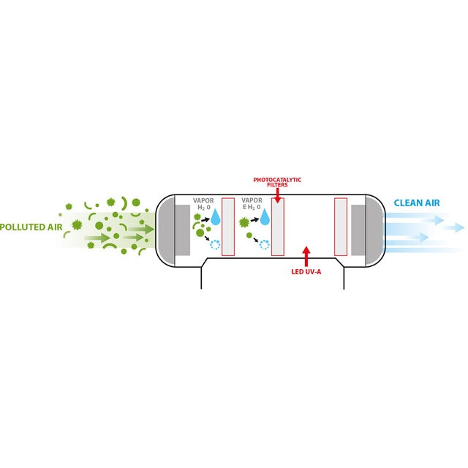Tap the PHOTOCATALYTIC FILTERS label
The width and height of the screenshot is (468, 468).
(x=277, y=182)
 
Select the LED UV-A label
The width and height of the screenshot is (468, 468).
(x=306, y=272)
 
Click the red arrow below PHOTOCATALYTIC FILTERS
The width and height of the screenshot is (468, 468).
(x=277, y=196)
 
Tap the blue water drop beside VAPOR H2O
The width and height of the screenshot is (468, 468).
(x=216, y=217)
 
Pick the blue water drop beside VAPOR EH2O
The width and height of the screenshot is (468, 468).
(x=265, y=217)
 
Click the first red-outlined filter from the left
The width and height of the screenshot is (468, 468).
(x=228, y=227)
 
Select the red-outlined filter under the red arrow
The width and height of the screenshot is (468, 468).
(x=277, y=227)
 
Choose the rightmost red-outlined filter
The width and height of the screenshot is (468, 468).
(x=340, y=227)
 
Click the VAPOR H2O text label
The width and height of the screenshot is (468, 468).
(x=204, y=203)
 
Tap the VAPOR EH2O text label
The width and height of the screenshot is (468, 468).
(x=252, y=203)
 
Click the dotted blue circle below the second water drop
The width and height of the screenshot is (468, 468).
(x=264, y=245)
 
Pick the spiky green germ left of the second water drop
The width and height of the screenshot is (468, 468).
(x=244, y=221)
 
